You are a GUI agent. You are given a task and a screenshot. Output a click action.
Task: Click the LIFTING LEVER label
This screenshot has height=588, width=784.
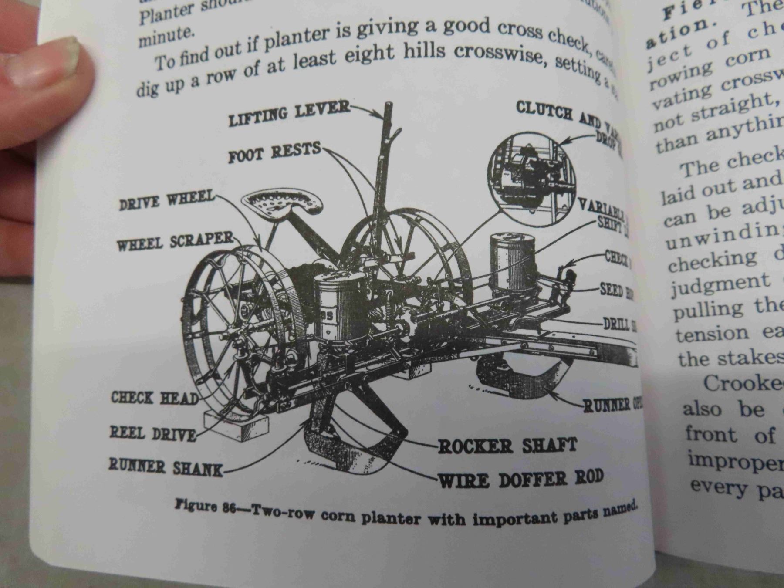coord(289,112)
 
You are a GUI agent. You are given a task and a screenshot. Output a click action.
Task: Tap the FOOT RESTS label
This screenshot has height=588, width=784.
coord(274,152)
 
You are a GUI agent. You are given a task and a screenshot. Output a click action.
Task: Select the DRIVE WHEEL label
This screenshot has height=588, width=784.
coord(167,201)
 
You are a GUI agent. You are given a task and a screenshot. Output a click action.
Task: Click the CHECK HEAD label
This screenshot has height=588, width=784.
coord(155,398)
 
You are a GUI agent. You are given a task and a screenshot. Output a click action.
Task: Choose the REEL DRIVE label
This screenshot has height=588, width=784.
coord(152,433)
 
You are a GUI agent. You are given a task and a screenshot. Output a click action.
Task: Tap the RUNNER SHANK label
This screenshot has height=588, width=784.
coord(166,467)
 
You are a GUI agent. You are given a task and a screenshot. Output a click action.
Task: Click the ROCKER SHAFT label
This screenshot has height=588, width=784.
coord(507,446)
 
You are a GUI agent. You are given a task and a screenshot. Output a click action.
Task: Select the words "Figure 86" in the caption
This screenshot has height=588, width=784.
coord(205,507)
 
